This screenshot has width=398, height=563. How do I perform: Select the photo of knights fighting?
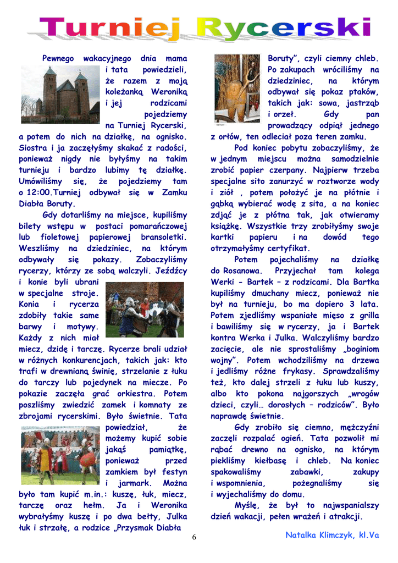click(x=145, y=310)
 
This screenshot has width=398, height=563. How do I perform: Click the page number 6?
click(x=194, y=537)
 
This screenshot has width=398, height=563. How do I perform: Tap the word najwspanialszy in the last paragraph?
click(x=349, y=505)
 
